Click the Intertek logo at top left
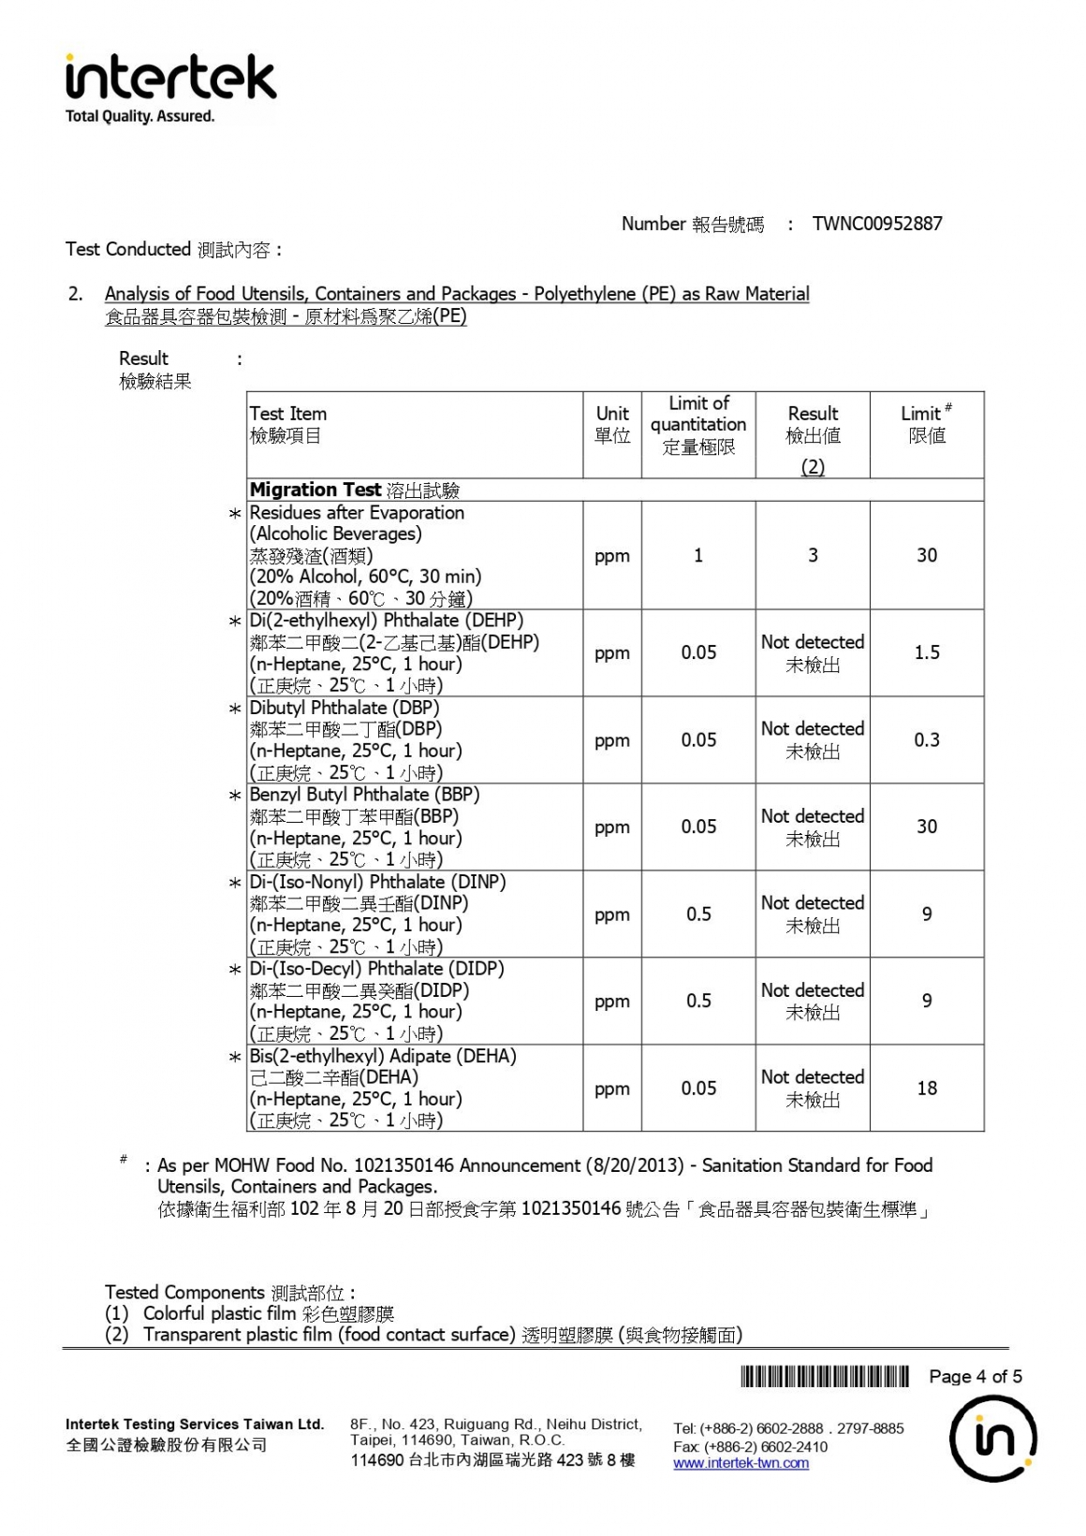click(x=170, y=78)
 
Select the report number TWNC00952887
click(x=876, y=224)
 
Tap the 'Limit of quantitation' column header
click(x=698, y=425)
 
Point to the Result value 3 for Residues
click(x=813, y=555)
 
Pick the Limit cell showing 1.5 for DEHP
click(x=927, y=652)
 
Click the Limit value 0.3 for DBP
click(x=927, y=739)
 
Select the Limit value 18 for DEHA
click(x=927, y=1088)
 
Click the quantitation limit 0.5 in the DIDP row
click(x=698, y=1001)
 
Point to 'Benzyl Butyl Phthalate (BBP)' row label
click(x=364, y=795)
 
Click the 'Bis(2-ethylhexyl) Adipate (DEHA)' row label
click(x=382, y=1056)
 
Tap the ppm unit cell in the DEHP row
click(x=612, y=653)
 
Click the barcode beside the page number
click(x=825, y=1376)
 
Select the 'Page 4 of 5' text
click(x=975, y=1376)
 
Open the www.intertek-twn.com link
click(x=741, y=1463)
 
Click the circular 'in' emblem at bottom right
click(x=992, y=1439)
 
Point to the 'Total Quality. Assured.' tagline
click(x=139, y=117)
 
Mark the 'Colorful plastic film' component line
click(x=249, y=1313)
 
